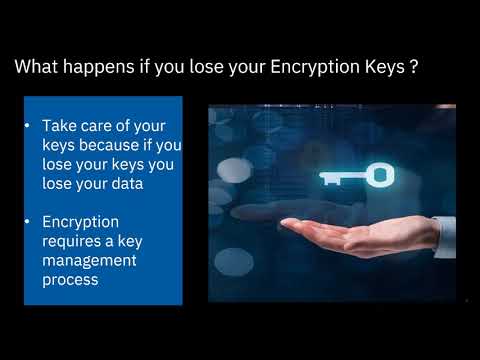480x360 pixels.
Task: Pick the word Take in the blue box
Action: coord(59,126)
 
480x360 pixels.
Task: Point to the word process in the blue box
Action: coord(70,280)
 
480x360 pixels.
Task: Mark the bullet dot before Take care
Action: coord(29,127)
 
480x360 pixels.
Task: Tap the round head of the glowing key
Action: coord(380,176)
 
